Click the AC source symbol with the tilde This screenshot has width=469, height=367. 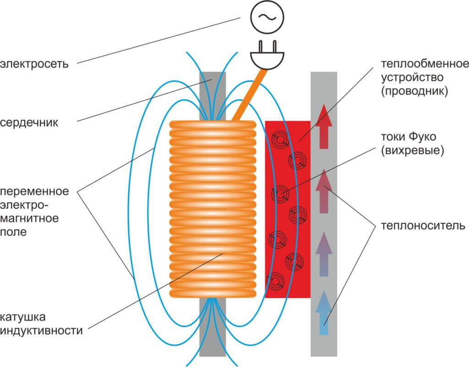click(267, 17)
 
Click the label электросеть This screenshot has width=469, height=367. click(34, 64)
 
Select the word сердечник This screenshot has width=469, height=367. click(29, 122)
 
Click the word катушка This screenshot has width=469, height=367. click(23, 317)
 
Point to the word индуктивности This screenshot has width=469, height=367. click(41, 330)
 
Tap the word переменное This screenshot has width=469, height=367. click(34, 191)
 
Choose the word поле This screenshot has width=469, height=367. click(13, 232)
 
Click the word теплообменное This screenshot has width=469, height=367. click(425, 64)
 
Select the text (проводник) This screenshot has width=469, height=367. click(414, 91)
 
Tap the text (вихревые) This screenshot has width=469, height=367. click(413, 150)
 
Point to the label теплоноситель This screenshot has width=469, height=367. click(423, 225)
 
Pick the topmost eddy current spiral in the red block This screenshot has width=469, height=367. click(280, 140)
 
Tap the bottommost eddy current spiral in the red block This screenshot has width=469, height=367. click(276, 282)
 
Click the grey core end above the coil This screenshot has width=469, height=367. click(213, 96)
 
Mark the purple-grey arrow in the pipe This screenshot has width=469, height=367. click(324, 254)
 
